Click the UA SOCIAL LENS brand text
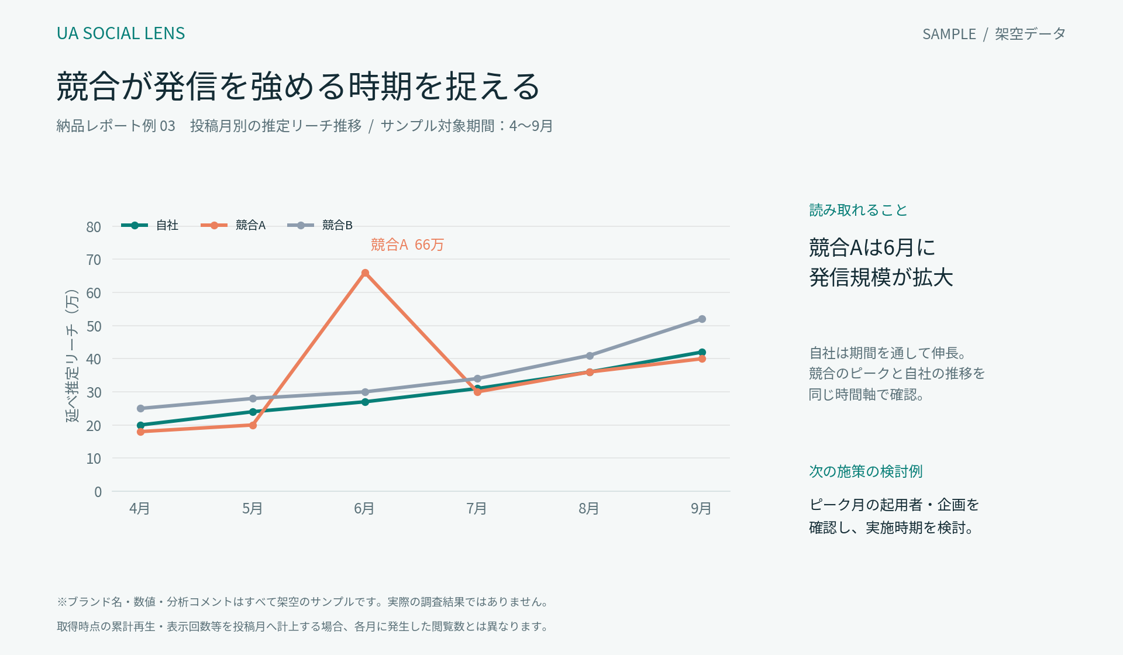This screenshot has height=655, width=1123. pos(120,33)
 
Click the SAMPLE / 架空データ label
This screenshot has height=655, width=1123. pos(994,34)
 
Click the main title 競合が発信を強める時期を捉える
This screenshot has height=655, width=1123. pos(298,87)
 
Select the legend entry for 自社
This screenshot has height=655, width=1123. pos(150,225)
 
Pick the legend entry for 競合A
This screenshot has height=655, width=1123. pos(233,225)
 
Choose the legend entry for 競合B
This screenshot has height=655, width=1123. pos(320,225)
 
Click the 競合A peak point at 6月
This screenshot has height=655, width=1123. pos(365,273)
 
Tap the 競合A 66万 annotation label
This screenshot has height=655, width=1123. pos(407,244)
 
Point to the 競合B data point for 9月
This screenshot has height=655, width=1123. pos(702,319)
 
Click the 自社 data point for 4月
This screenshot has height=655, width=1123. pos(140,425)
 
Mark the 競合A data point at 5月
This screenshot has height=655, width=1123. pos(253,425)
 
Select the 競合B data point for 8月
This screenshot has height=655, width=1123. pos(590,356)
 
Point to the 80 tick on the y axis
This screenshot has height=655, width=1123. pos(94,227)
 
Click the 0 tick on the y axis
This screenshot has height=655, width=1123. pos(98,492)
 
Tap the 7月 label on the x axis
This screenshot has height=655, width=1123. pos(477,508)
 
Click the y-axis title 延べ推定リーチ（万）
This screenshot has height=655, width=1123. pos(71,356)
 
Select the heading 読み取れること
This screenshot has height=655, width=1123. pos(858,210)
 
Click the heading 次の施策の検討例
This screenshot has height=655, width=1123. pos(866,471)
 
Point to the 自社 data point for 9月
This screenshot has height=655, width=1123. pos(702,352)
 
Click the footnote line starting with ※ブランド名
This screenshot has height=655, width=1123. pos(304,602)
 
